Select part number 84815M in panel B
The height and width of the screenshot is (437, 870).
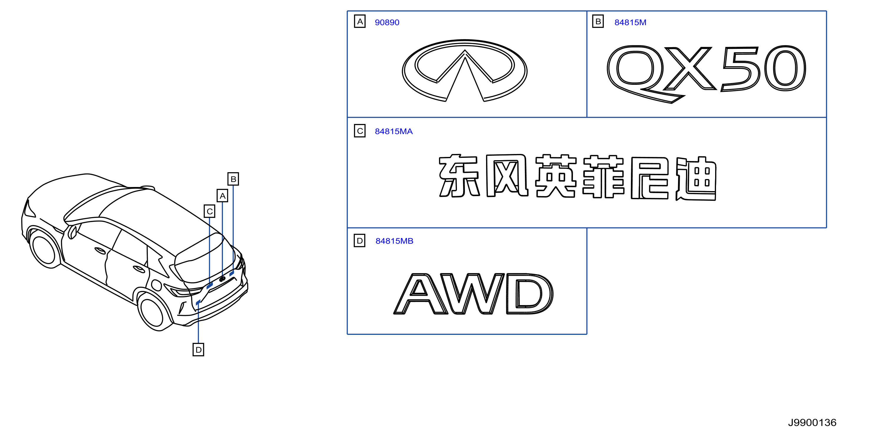point(630,22)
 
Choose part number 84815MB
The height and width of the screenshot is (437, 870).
point(394,241)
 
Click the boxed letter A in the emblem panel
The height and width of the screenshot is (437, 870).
point(360,21)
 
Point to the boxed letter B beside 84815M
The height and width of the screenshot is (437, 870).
point(598,21)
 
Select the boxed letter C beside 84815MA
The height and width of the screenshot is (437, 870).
point(360,131)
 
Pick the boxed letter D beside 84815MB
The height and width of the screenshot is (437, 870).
point(360,241)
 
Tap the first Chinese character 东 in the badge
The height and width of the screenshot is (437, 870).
point(459,176)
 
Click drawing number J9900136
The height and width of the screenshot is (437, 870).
point(812,423)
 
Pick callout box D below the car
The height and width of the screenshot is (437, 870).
point(198,350)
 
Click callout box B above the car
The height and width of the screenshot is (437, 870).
point(233,179)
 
